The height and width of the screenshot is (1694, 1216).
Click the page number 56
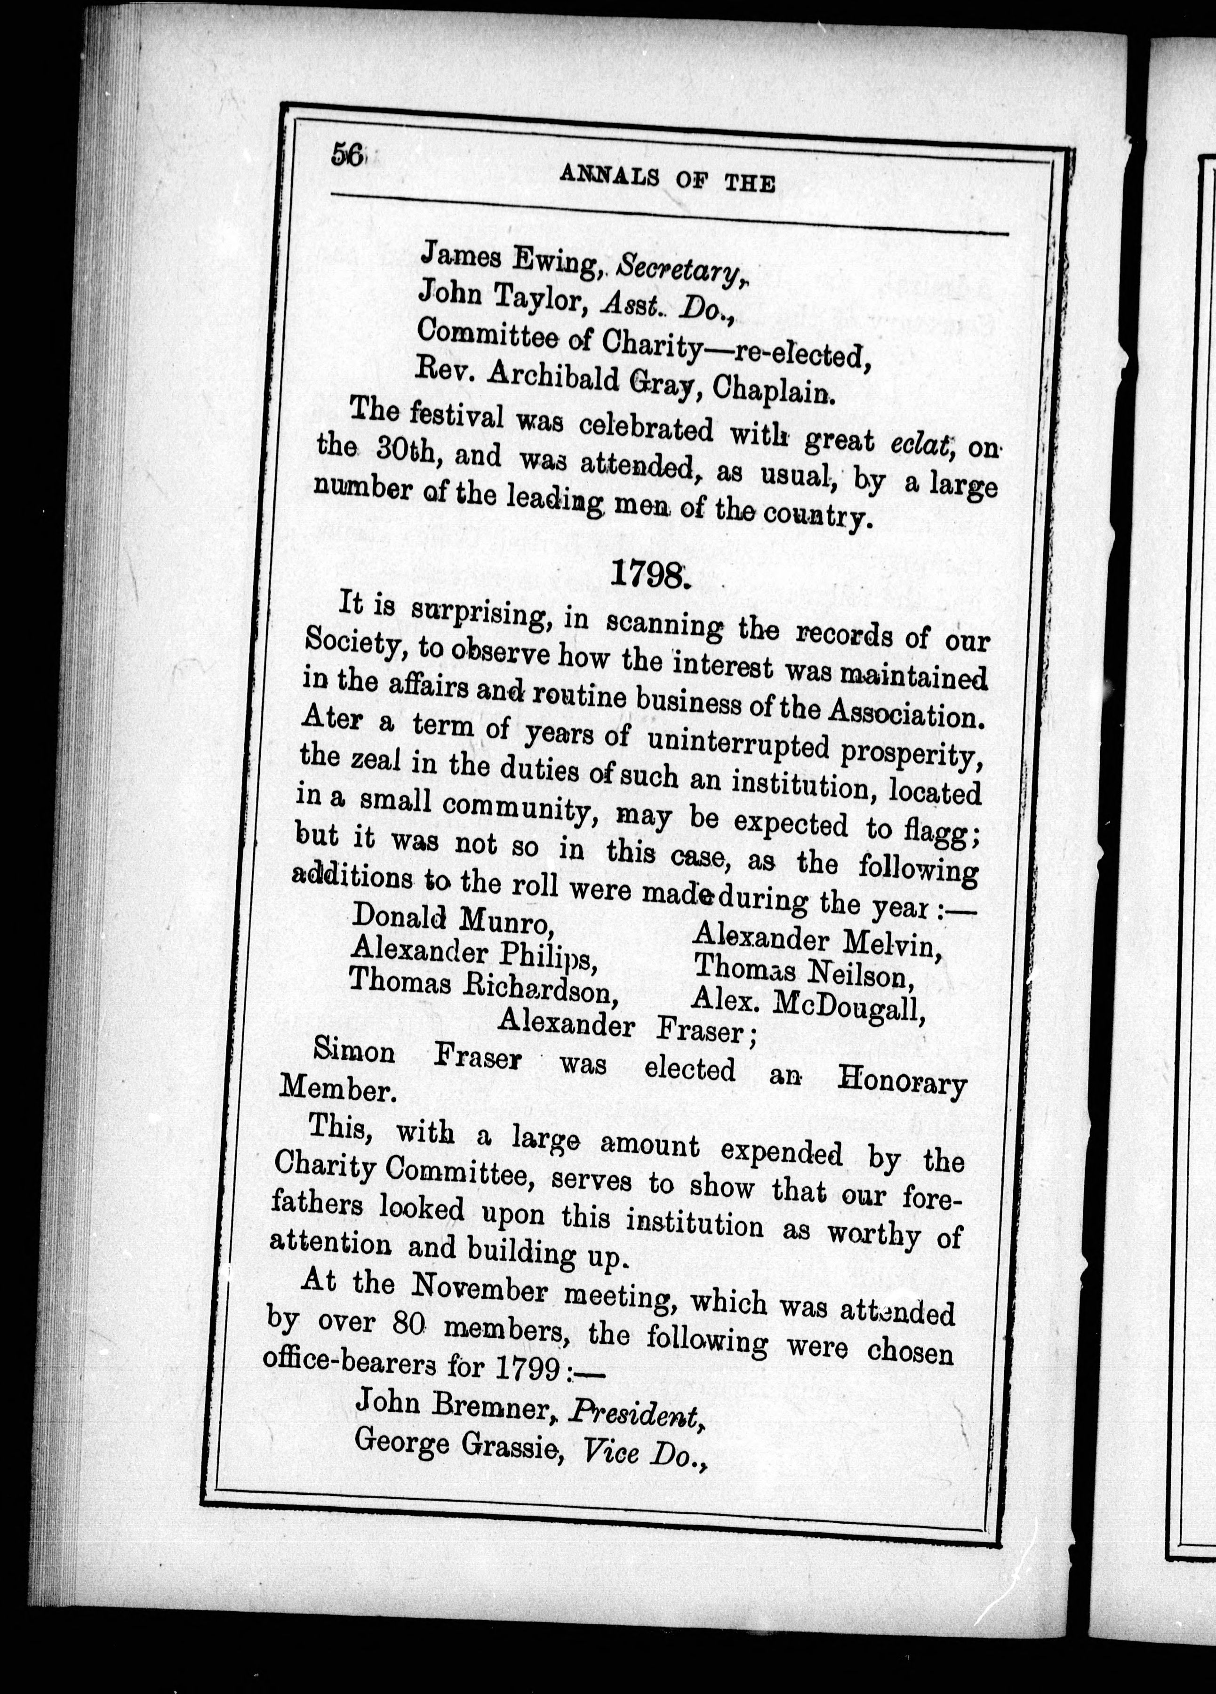coord(347,155)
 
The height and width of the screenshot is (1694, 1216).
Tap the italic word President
coord(634,1410)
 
